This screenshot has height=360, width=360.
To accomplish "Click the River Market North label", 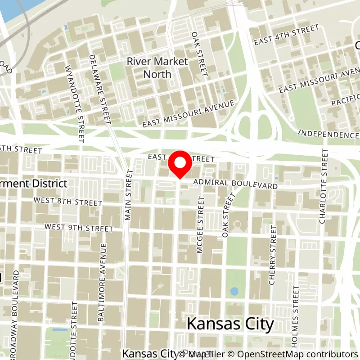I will coord(157,67).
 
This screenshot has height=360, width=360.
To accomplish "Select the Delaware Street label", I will coord(99,90).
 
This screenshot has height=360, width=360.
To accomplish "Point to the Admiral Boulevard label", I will coord(235,184).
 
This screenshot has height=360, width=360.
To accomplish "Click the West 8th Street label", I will coord(67,202).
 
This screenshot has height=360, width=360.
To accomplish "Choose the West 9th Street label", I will coord(79,228).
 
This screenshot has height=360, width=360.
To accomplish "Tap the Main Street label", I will coord(129,195).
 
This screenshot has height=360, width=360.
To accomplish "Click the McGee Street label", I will coord(200,225).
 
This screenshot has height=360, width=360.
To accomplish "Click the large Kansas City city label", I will coord(230,324).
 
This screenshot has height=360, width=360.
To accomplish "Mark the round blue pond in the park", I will coord(234,291).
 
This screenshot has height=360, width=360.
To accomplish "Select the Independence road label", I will coord(328,134).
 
